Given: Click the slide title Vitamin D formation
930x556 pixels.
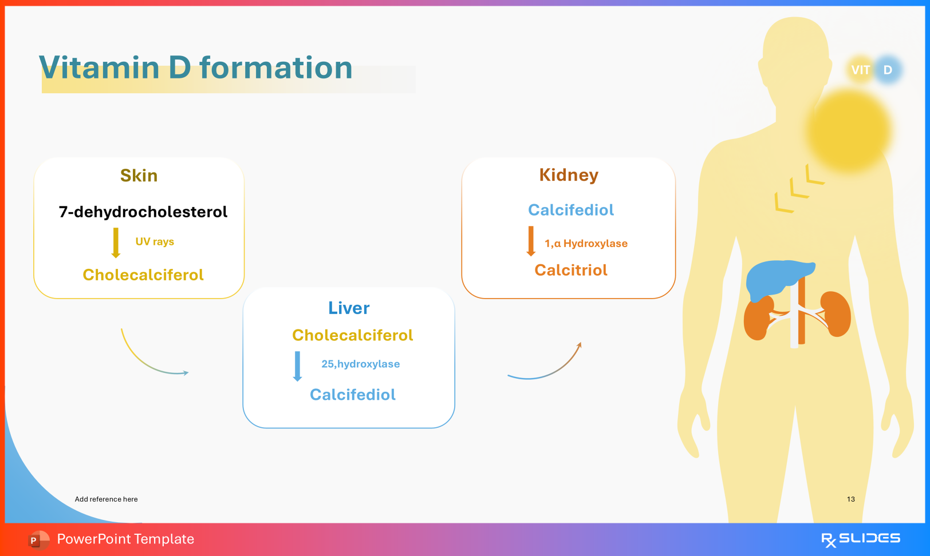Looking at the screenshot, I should [x=195, y=67].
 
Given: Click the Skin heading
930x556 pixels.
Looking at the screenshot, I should [x=139, y=176].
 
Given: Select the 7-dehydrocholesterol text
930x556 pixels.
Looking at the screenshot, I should [x=143, y=212].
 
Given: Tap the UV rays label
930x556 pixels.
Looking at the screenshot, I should [x=155, y=241].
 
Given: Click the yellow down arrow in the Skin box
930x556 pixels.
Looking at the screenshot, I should [x=116, y=243].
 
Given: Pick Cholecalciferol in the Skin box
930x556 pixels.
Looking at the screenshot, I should [x=143, y=275].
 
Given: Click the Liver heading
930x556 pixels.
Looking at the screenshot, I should [x=349, y=308].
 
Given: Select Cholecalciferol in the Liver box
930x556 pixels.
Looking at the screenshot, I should [x=352, y=335].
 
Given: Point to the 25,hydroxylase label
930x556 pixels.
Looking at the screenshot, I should [x=360, y=364].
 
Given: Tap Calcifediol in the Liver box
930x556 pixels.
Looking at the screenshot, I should [x=352, y=395].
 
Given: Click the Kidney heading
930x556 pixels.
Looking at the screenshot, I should [x=569, y=175].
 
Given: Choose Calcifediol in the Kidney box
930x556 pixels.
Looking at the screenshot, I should [x=571, y=210].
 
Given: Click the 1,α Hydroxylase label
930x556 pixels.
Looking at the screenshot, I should [x=586, y=244].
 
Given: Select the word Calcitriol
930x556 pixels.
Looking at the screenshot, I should [x=571, y=270].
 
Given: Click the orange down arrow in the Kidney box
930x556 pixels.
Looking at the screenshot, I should [x=531, y=241].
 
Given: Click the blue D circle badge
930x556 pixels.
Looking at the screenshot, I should [x=888, y=70].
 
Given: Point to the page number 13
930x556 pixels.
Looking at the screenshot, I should [x=851, y=499].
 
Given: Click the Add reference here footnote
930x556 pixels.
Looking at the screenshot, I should [x=106, y=499].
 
